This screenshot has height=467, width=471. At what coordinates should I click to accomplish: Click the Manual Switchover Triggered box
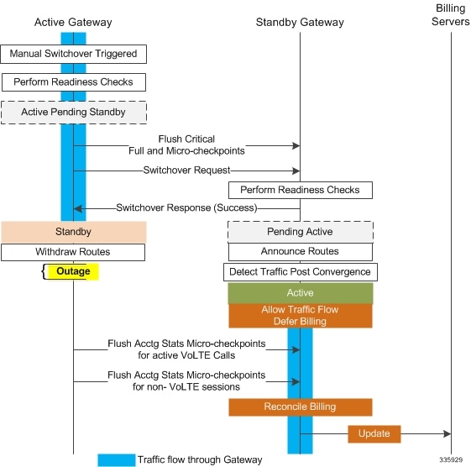[x=73, y=54]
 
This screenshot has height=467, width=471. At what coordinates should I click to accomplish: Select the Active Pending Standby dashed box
[x=74, y=113]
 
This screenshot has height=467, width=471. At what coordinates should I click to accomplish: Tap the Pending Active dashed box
[x=301, y=232]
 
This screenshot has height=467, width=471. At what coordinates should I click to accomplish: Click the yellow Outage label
[x=73, y=271]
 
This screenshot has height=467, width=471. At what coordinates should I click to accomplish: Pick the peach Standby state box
[x=74, y=232]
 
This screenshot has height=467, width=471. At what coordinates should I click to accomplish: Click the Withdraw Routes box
[x=73, y=252]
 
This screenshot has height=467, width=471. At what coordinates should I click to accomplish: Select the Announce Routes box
[x=301, y=252]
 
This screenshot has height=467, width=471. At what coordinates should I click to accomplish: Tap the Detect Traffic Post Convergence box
[x=301, y=272]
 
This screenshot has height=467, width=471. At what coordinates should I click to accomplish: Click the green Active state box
[x=301, y=293]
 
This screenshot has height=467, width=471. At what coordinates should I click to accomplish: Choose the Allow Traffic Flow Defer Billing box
[x=301, y=316]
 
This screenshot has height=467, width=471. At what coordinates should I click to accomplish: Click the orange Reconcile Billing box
[x=301, y=407]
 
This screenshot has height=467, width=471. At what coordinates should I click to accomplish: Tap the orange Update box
[x=374, y=434]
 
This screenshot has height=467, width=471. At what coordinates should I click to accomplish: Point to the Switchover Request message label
[x=186, y=171]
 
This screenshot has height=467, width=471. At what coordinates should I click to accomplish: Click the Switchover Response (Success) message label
[x=186, y=208]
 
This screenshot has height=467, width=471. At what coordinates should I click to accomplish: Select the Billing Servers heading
[x=450, y=15]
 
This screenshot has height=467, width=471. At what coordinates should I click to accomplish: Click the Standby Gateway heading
[x=300, y=22]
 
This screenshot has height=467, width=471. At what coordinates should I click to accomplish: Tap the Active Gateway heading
[x=73, y=22]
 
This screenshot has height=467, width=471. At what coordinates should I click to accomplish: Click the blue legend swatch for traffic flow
[x=116, y=460]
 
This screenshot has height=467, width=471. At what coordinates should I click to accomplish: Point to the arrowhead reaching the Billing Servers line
[x=447, y=434]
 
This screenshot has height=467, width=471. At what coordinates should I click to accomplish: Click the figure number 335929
[x=451, y=459]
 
